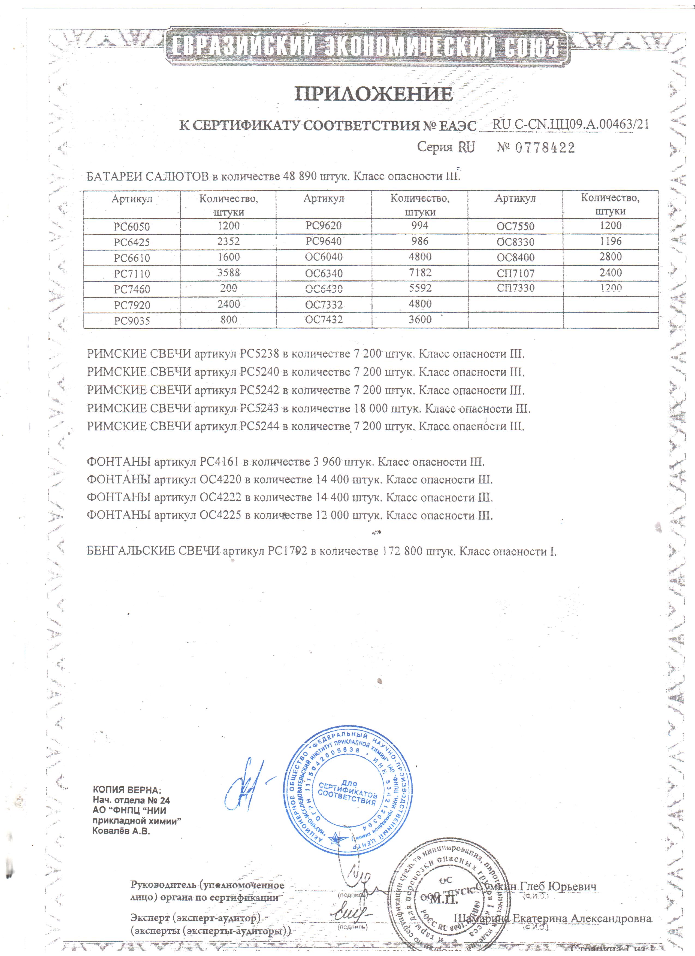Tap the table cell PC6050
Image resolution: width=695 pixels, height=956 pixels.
(x=132, y=227)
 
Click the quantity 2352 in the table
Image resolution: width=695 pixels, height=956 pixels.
(x=229, y=241)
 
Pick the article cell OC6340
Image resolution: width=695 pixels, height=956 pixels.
(x=324, y=273)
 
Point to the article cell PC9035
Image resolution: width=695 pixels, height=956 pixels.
(x=132, y=321)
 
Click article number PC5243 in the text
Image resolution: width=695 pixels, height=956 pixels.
(x=259, y=409)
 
